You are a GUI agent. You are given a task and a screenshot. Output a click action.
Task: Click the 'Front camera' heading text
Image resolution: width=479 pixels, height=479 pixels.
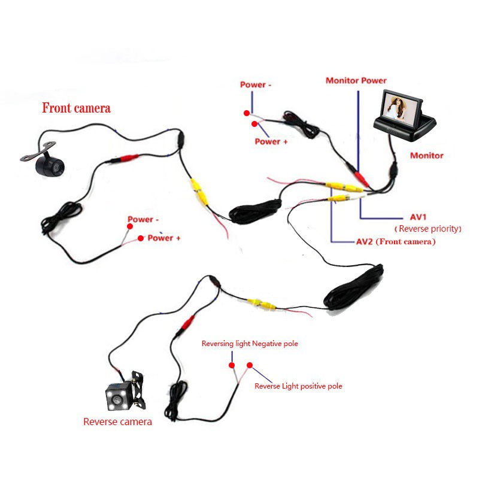click(77, 108)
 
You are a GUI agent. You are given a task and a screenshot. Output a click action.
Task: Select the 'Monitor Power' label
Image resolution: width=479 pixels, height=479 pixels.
click(356, 81)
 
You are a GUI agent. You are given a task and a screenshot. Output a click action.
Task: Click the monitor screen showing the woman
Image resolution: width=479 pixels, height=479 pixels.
click(399, 109)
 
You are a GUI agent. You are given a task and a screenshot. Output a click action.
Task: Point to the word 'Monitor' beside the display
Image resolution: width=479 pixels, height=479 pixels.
click(426, 156)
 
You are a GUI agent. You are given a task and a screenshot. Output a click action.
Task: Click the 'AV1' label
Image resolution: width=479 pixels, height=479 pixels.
click(418, 217)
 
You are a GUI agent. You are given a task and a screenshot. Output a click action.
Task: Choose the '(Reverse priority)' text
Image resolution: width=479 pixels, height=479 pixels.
click(428, 229)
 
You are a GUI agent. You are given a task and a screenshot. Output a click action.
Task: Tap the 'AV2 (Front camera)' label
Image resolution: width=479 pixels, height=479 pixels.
click(396, 242)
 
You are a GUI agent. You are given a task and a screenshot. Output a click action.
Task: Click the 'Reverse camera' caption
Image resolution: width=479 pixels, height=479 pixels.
click(117, 422)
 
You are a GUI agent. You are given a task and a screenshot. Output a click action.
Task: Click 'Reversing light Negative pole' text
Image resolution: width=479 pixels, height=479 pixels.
click(250, 344)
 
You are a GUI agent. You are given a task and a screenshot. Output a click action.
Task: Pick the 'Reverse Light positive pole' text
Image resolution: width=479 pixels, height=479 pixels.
click(298, 386)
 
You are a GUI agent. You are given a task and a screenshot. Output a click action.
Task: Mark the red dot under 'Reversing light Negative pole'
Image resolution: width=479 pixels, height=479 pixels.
click(232, 365)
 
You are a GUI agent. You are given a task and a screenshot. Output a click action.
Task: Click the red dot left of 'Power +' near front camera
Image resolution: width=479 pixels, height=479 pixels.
click(141, 238)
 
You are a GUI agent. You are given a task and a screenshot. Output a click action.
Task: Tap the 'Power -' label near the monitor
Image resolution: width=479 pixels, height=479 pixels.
click(256, 84)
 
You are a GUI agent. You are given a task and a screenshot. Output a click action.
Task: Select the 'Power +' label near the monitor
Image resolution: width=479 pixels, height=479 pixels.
click(271, 141)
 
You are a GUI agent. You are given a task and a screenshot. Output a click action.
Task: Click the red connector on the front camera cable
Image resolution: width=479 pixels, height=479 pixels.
click(129, 158)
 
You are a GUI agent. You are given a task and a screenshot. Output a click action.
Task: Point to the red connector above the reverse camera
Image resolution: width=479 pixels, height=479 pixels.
click(188, 322)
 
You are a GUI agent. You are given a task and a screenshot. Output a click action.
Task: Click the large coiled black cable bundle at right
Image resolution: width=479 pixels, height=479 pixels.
click(353, 287)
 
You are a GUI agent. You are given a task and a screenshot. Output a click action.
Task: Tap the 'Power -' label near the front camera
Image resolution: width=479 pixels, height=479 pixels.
click(143, 219)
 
